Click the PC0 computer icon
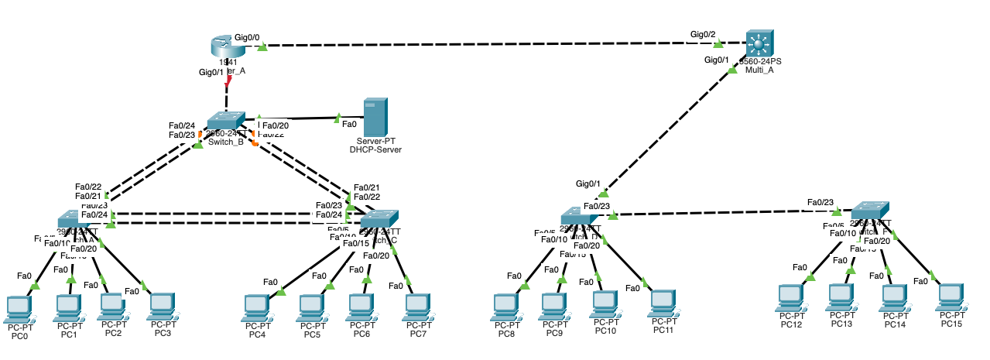click(17, 307)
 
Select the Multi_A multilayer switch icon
click(759, 43)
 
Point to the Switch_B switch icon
click(225, 122)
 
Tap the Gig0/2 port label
click(703, 34)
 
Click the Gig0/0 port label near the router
click(247, 37)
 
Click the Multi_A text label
click(759, 70)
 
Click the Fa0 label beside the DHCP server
click(349, 123)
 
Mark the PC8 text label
click(506, 334)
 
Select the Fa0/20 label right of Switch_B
click(276, 125)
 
